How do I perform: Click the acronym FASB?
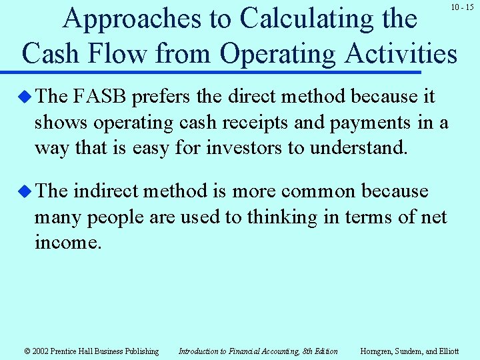click(x=101, y=97)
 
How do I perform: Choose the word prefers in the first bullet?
click(x=157, y=97)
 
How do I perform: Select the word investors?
click(x=245, y=147)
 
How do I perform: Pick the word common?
click(x=317, y=191)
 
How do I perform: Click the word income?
click(x=67, y=243)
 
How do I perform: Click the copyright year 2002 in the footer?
click(x=38, y=351)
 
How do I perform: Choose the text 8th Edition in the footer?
click(x=320, y=351)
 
